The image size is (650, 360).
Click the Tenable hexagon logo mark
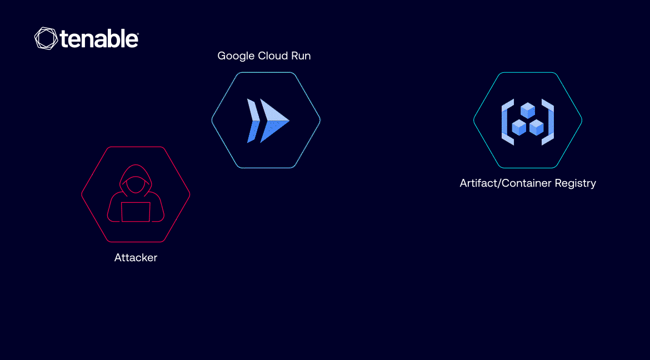click(x=46, y=38)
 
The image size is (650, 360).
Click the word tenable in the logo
click(x=99, y=39)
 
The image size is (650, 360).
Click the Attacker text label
click(x=136, y=258)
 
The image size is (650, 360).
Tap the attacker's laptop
click(x=136, y=212)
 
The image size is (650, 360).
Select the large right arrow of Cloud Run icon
click(x=274, y=121)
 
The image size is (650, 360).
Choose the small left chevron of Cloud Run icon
click(x=253, y=121)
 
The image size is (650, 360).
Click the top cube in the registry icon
click(x=528, y=111)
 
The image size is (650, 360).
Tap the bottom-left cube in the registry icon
click(x=519, y=127)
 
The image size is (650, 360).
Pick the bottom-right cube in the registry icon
click(x=537, y=127)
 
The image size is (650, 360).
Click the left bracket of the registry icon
click(x=507, y=122)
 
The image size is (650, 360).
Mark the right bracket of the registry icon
click(x=548, y=122)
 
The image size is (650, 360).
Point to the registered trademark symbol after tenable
click(x=137, y=33)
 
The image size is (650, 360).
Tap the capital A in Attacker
click(x=118, y=258)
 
